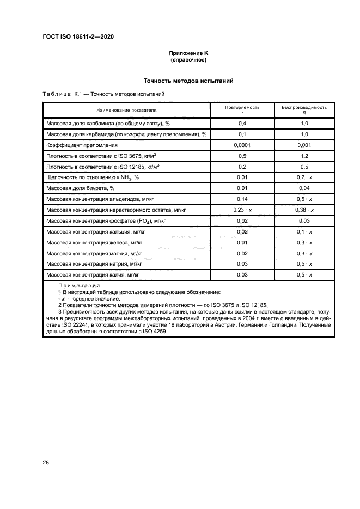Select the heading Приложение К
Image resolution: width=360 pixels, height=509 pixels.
(x=188, y=53)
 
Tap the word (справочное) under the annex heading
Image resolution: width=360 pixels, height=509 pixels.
(x=188, y=59)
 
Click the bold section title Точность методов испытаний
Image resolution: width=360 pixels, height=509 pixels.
(x=188, y=81)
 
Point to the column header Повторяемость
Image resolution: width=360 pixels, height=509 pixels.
(x=242, y=107)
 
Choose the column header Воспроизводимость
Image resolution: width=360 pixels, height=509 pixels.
(x=304, y=107)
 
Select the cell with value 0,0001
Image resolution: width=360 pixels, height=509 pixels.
(x=242, y=145)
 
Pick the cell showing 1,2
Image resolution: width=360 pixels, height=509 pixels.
(x=304, y=156)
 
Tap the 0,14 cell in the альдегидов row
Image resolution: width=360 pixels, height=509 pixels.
(x=242, y=199)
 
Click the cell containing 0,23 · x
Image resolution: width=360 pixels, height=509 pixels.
(x=242, y=210)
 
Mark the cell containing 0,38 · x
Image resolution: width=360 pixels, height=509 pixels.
(x=304, y=210)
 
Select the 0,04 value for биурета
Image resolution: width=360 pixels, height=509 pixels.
(x=304, y=188)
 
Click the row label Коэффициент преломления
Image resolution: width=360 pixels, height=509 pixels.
(x=82, y=145)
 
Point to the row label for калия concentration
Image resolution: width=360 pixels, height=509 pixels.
(x=94, y=275)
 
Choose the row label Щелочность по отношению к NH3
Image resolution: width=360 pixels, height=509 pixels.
(x=93, y=177)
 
